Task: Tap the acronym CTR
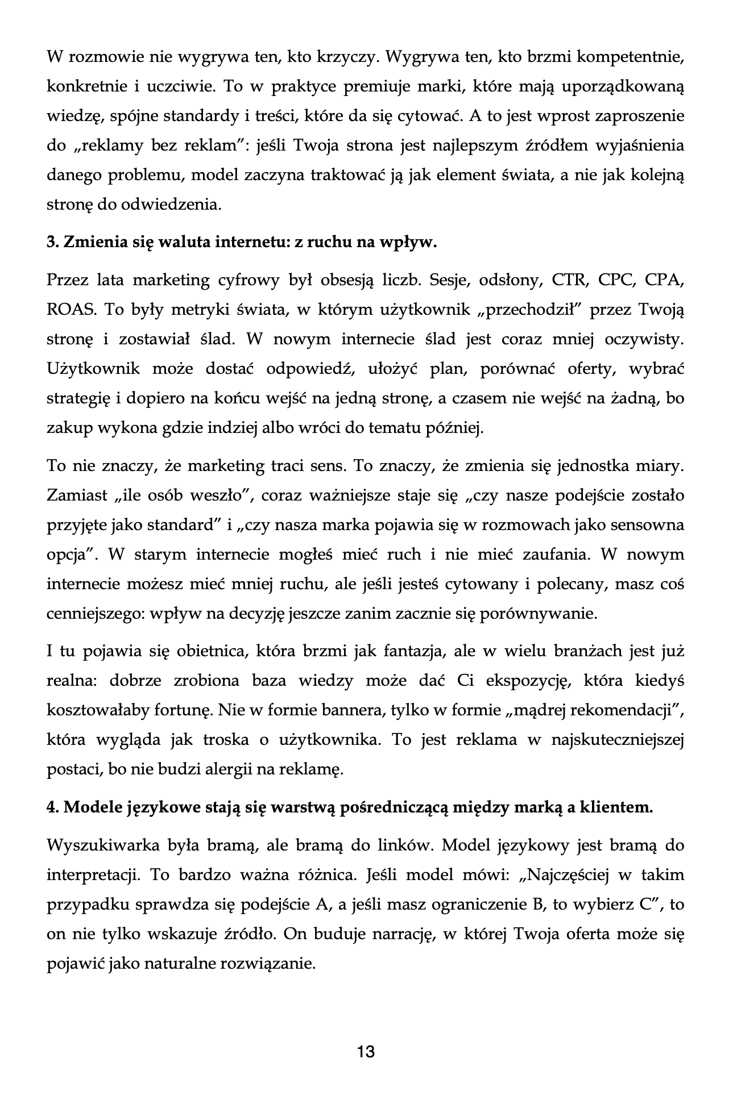[x=569, y=281]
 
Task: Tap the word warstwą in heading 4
[x=302, y=807]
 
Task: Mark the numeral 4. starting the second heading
[x=52, y=807]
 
